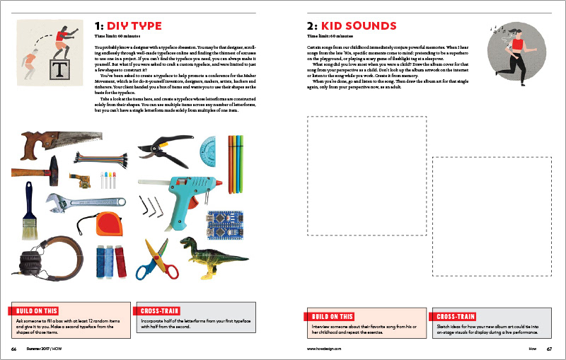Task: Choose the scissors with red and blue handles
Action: [x=156, y=259]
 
